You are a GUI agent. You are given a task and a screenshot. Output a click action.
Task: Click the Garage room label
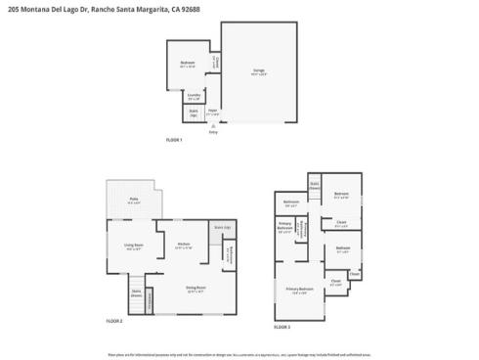[259, 71]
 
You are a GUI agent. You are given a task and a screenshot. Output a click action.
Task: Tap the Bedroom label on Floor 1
[188, 65]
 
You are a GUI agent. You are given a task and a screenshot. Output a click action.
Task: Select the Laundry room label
[194, 96]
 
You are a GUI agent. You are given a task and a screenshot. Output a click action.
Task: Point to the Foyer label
[212, 112]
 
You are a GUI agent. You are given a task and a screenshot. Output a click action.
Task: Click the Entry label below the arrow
[213, 132]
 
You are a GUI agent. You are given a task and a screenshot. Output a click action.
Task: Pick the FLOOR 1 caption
[175, 141]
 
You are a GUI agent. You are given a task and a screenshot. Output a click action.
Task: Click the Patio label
[133, 201]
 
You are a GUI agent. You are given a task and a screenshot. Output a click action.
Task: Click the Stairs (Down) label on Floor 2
[138, 292]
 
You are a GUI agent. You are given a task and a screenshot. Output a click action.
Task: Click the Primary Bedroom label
[299, 290]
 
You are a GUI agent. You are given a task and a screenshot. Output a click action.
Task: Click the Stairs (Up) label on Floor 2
[223, 227]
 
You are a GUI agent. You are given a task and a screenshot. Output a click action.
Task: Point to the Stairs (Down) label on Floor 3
[315, 184]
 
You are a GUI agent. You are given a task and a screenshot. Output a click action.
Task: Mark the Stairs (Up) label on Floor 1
[194, 113]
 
